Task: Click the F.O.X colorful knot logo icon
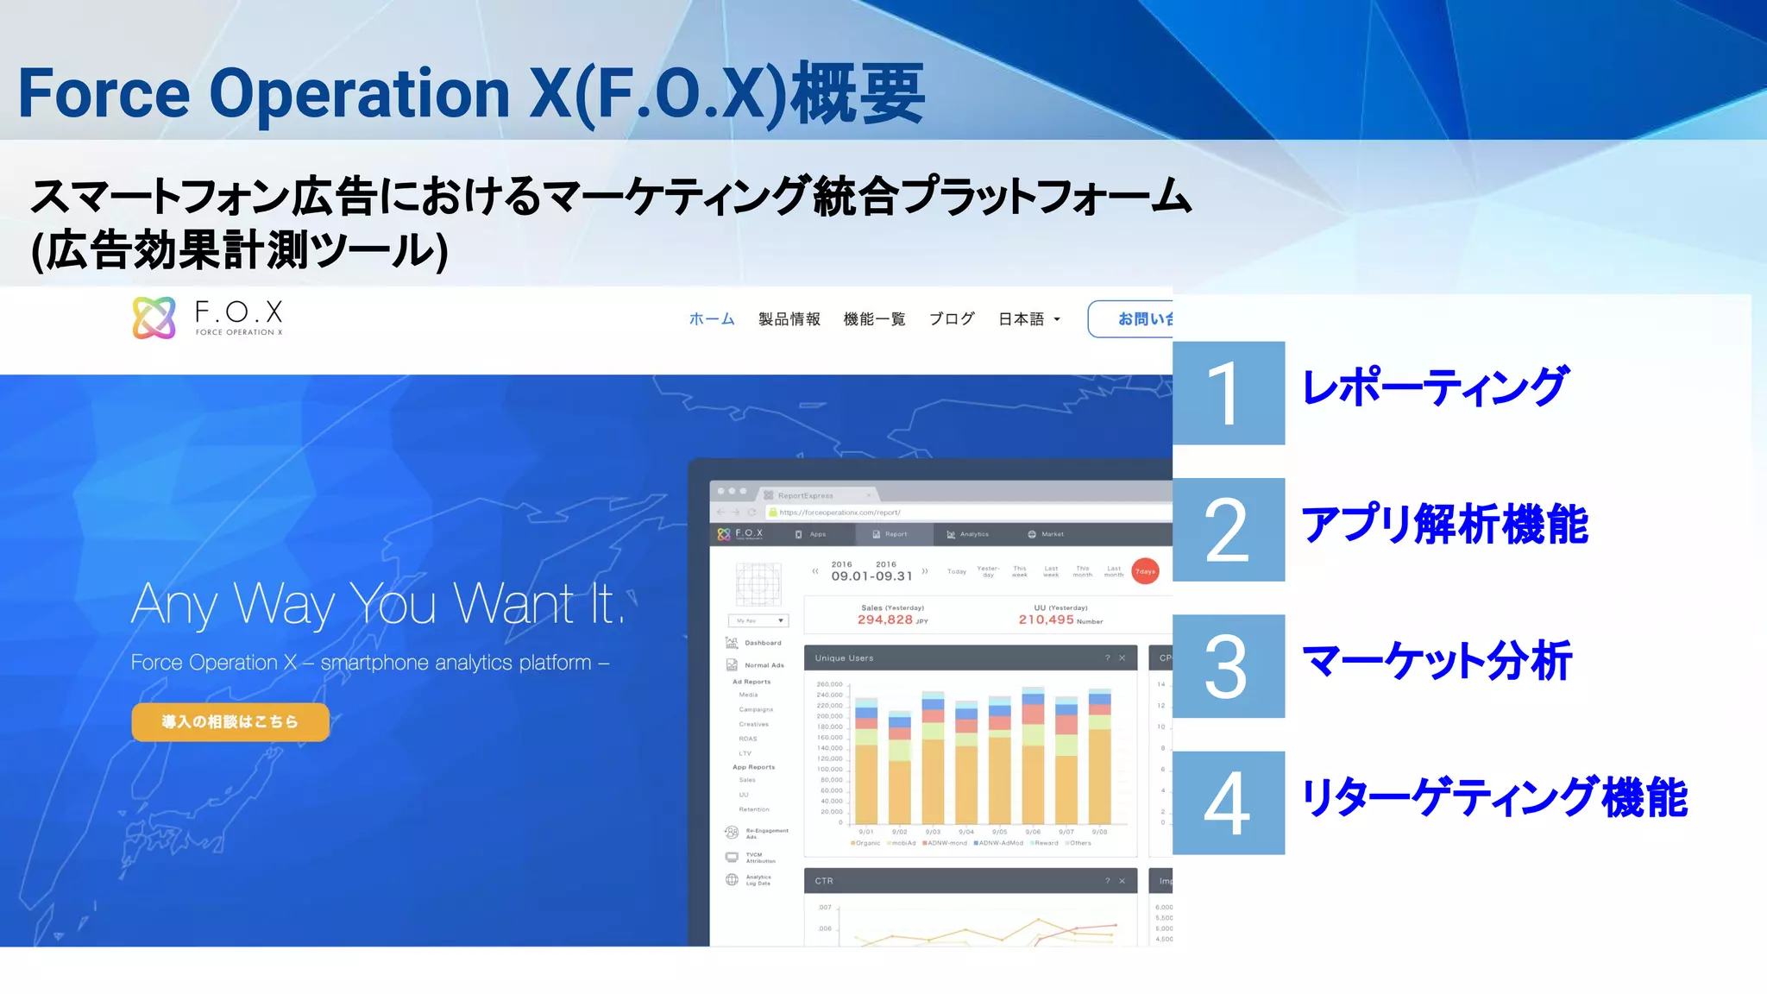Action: point(154,318)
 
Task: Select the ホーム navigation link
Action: point(712,319)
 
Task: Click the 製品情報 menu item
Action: point(789,319)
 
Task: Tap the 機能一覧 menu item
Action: point(874,319)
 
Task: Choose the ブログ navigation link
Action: point(952,319)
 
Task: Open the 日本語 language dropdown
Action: point(1028,319)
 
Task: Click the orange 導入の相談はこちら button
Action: point(230,721)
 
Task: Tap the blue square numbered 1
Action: point(1229,393)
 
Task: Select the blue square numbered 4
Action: point(1229,803)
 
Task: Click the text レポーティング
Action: point(1434,387)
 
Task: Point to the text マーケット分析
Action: point(1437,662)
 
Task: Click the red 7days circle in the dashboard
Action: point(1145,571)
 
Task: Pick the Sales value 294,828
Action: point(885,620)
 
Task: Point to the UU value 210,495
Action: point(1046,620)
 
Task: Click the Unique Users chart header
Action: point(970,657)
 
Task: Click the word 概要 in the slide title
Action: point(858,93)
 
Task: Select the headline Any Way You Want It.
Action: point(377,603)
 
